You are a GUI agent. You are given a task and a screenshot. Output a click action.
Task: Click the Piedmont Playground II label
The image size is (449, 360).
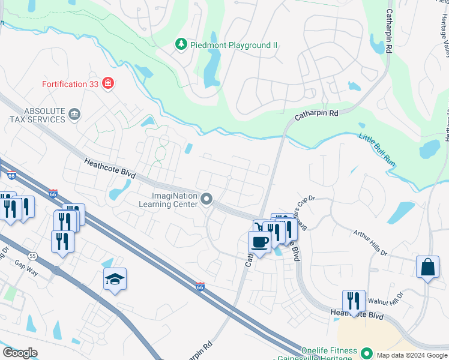click(x=223, y=44)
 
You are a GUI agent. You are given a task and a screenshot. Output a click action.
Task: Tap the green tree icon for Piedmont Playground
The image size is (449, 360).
click(x=180, y=44)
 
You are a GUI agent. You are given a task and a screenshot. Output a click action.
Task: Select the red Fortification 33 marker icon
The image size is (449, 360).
click(x=107, y=83)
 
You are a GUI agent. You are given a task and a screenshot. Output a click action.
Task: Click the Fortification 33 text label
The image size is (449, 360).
click(x=70, y=84)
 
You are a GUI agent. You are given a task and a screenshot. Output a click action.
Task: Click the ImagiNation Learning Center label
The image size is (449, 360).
click(x=175, y=199)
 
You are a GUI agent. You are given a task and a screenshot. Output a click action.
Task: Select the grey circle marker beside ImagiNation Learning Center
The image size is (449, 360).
click(x=207, y=199)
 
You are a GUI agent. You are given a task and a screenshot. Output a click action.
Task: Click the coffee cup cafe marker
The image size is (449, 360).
click(x=259, y=242)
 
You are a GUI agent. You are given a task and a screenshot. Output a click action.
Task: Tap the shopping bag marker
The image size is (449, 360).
click(x=427, y=268)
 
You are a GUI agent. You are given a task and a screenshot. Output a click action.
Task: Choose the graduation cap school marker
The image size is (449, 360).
click(x=115, y=279)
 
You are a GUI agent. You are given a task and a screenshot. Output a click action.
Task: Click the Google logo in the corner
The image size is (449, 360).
click(x=20, y=353)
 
